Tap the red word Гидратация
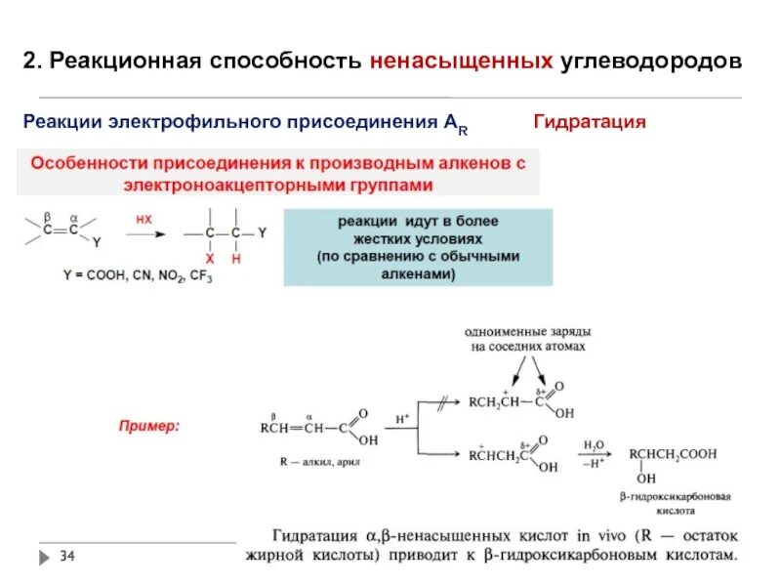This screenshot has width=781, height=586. (x=590, y=122)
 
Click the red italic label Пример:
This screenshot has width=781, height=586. (x=149, y=427)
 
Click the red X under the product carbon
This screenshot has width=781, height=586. (x=209, y=258)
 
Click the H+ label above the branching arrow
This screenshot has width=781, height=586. (x=401, y=417)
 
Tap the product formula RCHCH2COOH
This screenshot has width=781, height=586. (x=673, y=453)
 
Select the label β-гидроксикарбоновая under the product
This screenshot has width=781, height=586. (x=676, y=496)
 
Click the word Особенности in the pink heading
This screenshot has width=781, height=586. (x=84, y=164)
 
